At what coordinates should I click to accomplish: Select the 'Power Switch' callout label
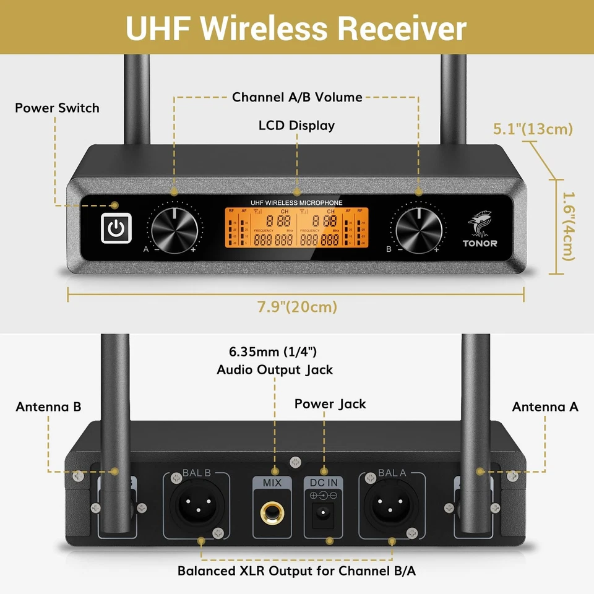tap(57, 108)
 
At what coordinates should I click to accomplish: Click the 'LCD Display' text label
tap(296, 126)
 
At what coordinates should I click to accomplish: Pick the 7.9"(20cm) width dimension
tap(296, 307)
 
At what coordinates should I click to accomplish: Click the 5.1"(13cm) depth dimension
tap(533, 129)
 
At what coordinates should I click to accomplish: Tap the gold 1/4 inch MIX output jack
tap(272, 511)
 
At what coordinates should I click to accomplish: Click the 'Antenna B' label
tap(48, 407)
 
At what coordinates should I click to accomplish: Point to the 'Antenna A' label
tap(545, 407)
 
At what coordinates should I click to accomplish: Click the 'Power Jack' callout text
tap(330, 404)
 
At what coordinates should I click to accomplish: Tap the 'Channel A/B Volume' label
tap(296, 97)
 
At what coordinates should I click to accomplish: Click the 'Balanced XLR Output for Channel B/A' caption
tap(296, 570)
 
